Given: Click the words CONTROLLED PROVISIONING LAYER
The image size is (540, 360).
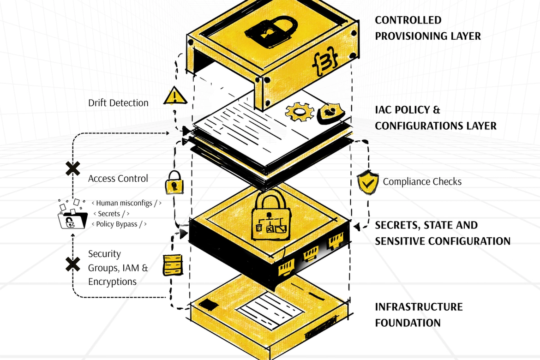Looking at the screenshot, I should click(x=427, y=28).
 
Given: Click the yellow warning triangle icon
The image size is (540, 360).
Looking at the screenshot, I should click(x=174, y=96).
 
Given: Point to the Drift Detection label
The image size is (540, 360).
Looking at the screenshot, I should click(x=118, y=103).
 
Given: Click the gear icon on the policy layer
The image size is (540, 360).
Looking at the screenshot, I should click(x=297, y=112).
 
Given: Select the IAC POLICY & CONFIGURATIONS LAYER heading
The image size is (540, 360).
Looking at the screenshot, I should click(x=435, y=118).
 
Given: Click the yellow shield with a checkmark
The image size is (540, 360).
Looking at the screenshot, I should click(x=368, y=182).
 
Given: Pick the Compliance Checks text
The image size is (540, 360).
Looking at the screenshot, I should click(x=422, y=182).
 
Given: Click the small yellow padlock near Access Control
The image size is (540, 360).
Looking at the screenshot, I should click(x=174, y=182).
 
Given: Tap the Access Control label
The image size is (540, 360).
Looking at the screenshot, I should click(x=118, y=179).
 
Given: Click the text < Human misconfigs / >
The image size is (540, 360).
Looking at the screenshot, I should click(x=126, y=203).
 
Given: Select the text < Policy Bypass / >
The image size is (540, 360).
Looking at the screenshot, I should click(x=119, y=224).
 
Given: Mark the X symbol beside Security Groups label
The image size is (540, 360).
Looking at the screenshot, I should click(x=72, y=264).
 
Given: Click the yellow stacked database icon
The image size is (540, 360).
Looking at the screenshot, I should click(x=173, y=265).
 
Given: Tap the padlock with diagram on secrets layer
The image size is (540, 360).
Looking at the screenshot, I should click(x=270, y=216).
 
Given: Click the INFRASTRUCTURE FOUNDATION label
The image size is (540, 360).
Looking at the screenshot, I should click(x=419, y=315).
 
